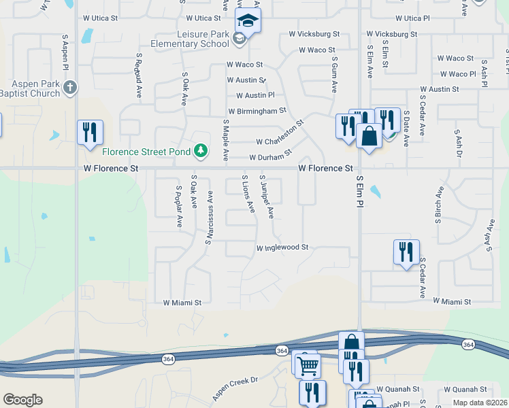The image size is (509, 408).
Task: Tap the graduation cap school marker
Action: click(248, 22)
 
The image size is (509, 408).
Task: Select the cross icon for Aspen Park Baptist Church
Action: click(71, 87)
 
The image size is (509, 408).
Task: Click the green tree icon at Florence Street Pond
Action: click(200, 150)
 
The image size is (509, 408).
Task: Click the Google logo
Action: click(22, 400)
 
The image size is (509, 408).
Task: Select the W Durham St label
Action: click(270, 156)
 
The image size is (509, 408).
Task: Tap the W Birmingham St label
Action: click(257, 110)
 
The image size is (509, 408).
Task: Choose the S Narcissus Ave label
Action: click(210, 218)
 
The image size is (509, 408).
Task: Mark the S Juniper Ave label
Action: click(267, 197)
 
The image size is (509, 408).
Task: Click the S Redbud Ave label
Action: click(138, 75)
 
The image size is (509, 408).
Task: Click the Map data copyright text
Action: click(480, 403)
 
